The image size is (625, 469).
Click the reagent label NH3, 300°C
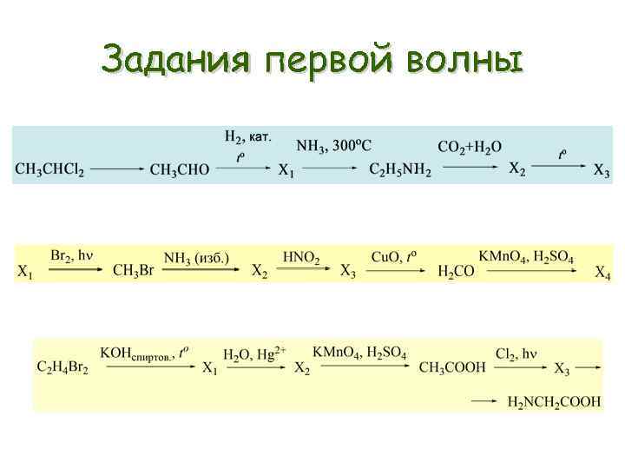(x=333, y=146)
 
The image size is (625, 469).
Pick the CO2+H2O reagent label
(x=470, y=147)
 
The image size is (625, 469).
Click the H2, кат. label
(x=248, y=137)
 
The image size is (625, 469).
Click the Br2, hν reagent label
(x=71, y=255)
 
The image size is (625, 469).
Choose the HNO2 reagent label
(x=301, y=257)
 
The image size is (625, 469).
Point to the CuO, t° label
(x=394, y=256)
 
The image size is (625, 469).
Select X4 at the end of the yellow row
(x=603, y=273)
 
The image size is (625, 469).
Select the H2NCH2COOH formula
(x=554, y=401)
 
